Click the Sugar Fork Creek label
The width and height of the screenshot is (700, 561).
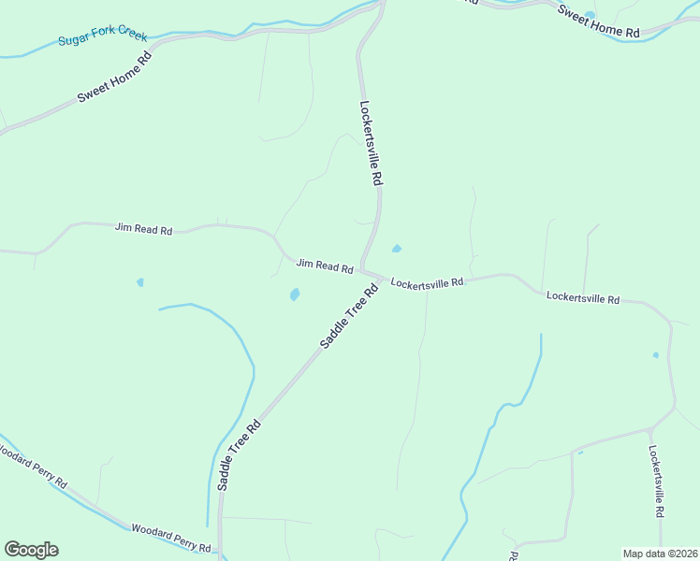[x=103, y=37]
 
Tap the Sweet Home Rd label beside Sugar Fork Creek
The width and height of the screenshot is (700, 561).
[x=114, y=77]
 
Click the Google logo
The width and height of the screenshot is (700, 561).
[x=31, y=550]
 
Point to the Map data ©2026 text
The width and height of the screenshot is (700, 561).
[x=660, y=554]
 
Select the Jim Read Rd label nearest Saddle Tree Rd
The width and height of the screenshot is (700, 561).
[x=325, y=266]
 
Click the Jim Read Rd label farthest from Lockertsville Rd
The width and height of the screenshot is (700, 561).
[x=144, y=229]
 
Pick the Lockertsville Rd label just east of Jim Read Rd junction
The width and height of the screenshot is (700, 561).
[x=427, y=282]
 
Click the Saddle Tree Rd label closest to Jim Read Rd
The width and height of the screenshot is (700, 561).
[x=348, y=317]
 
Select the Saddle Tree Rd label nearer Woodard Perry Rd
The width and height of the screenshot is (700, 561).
[x=239, y=455]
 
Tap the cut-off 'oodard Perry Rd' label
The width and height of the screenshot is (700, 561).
[x=35, y=469]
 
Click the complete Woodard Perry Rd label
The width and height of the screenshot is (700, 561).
[x=170, y=539]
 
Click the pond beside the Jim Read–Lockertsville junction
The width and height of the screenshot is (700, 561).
[x=397, y=249]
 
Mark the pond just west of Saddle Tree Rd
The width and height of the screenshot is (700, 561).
[x=295, y=295]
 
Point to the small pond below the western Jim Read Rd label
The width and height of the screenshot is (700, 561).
[x=140, y=281]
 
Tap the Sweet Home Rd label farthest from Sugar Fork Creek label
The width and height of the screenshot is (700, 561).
[x=599, y=22]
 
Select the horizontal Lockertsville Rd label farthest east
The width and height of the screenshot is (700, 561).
[x=583, y=299]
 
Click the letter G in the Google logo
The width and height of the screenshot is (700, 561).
[x=13, y=550]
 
